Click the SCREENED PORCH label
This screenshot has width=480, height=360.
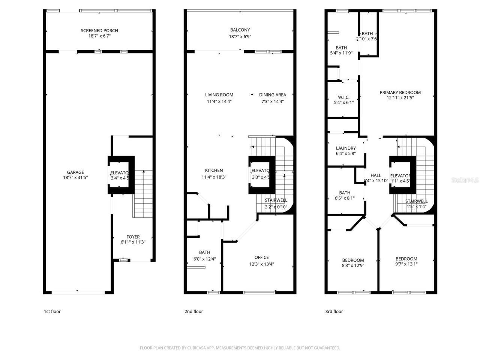pos(99,30)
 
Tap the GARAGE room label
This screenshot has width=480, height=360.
pos(75,172)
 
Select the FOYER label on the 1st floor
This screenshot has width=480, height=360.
pos(133,237)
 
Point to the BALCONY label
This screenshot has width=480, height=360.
pos(240,30)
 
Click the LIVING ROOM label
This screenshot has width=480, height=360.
pos(219,95)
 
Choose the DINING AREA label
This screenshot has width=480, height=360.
pos(272,95)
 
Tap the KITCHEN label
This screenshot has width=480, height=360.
pos(214,170)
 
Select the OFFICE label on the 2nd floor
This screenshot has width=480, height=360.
pos(261,257)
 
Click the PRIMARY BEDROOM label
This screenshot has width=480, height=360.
pos(400,92)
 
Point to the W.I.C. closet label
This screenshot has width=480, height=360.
pos(343,97)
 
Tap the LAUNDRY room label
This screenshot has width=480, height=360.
pos(346,148)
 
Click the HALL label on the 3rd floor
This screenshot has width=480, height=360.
pos(375,175)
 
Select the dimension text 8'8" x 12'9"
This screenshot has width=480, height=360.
pos(353,265)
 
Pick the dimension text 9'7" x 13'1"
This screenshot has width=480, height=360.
pos(406,264)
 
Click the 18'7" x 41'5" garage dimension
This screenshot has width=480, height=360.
pos(75,178)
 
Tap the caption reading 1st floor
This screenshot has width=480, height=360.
pos(52,311)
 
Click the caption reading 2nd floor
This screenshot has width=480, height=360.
pos(193,311)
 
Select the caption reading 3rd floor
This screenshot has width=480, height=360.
pos(334,311)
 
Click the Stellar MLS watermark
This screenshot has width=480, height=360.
pos(465,180)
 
